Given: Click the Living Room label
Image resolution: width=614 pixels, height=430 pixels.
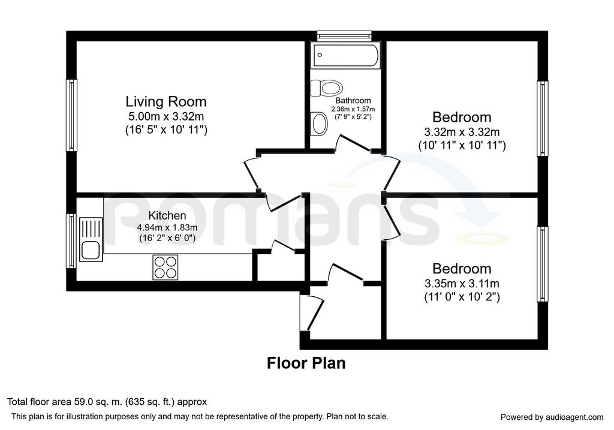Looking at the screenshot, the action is coord(165,101).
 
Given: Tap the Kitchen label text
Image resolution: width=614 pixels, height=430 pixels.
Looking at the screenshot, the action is coord(167,215).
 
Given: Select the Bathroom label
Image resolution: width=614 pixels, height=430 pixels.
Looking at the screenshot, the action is coord(353,101).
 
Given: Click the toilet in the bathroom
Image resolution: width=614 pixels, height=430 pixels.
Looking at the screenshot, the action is coord(327,88).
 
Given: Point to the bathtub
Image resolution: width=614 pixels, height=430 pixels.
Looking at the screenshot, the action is coord(345,55).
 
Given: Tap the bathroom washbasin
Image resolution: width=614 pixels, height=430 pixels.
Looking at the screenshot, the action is coord(319,123).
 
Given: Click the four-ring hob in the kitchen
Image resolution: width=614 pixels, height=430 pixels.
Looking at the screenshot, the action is coord(165,267).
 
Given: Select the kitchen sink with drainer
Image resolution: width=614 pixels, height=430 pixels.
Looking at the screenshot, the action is coord(91,239).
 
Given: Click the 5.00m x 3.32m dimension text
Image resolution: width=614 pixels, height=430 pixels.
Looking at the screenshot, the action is coord(166,116).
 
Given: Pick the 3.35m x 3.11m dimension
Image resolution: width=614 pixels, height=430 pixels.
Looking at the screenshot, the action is coord(462,283).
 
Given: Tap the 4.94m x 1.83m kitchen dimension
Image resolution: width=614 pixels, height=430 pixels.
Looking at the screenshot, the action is coord(167,227).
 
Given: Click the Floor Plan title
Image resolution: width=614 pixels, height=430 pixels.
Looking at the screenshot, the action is coord(306,363).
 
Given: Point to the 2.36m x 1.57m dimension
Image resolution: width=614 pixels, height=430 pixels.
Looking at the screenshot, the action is coord(353,109).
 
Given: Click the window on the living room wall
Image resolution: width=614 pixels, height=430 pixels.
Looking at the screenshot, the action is coord(71,115).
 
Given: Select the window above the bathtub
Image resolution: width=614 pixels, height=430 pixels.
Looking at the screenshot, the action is coord(344,36).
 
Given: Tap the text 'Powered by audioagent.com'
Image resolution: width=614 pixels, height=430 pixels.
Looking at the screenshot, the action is coord(552,417).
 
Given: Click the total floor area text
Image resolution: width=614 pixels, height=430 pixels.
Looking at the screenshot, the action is coord(107,402).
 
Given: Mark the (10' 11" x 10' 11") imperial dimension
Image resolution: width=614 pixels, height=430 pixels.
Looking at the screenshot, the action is coord(462,146).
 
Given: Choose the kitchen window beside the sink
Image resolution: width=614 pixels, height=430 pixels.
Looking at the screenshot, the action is coord(71,241).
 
